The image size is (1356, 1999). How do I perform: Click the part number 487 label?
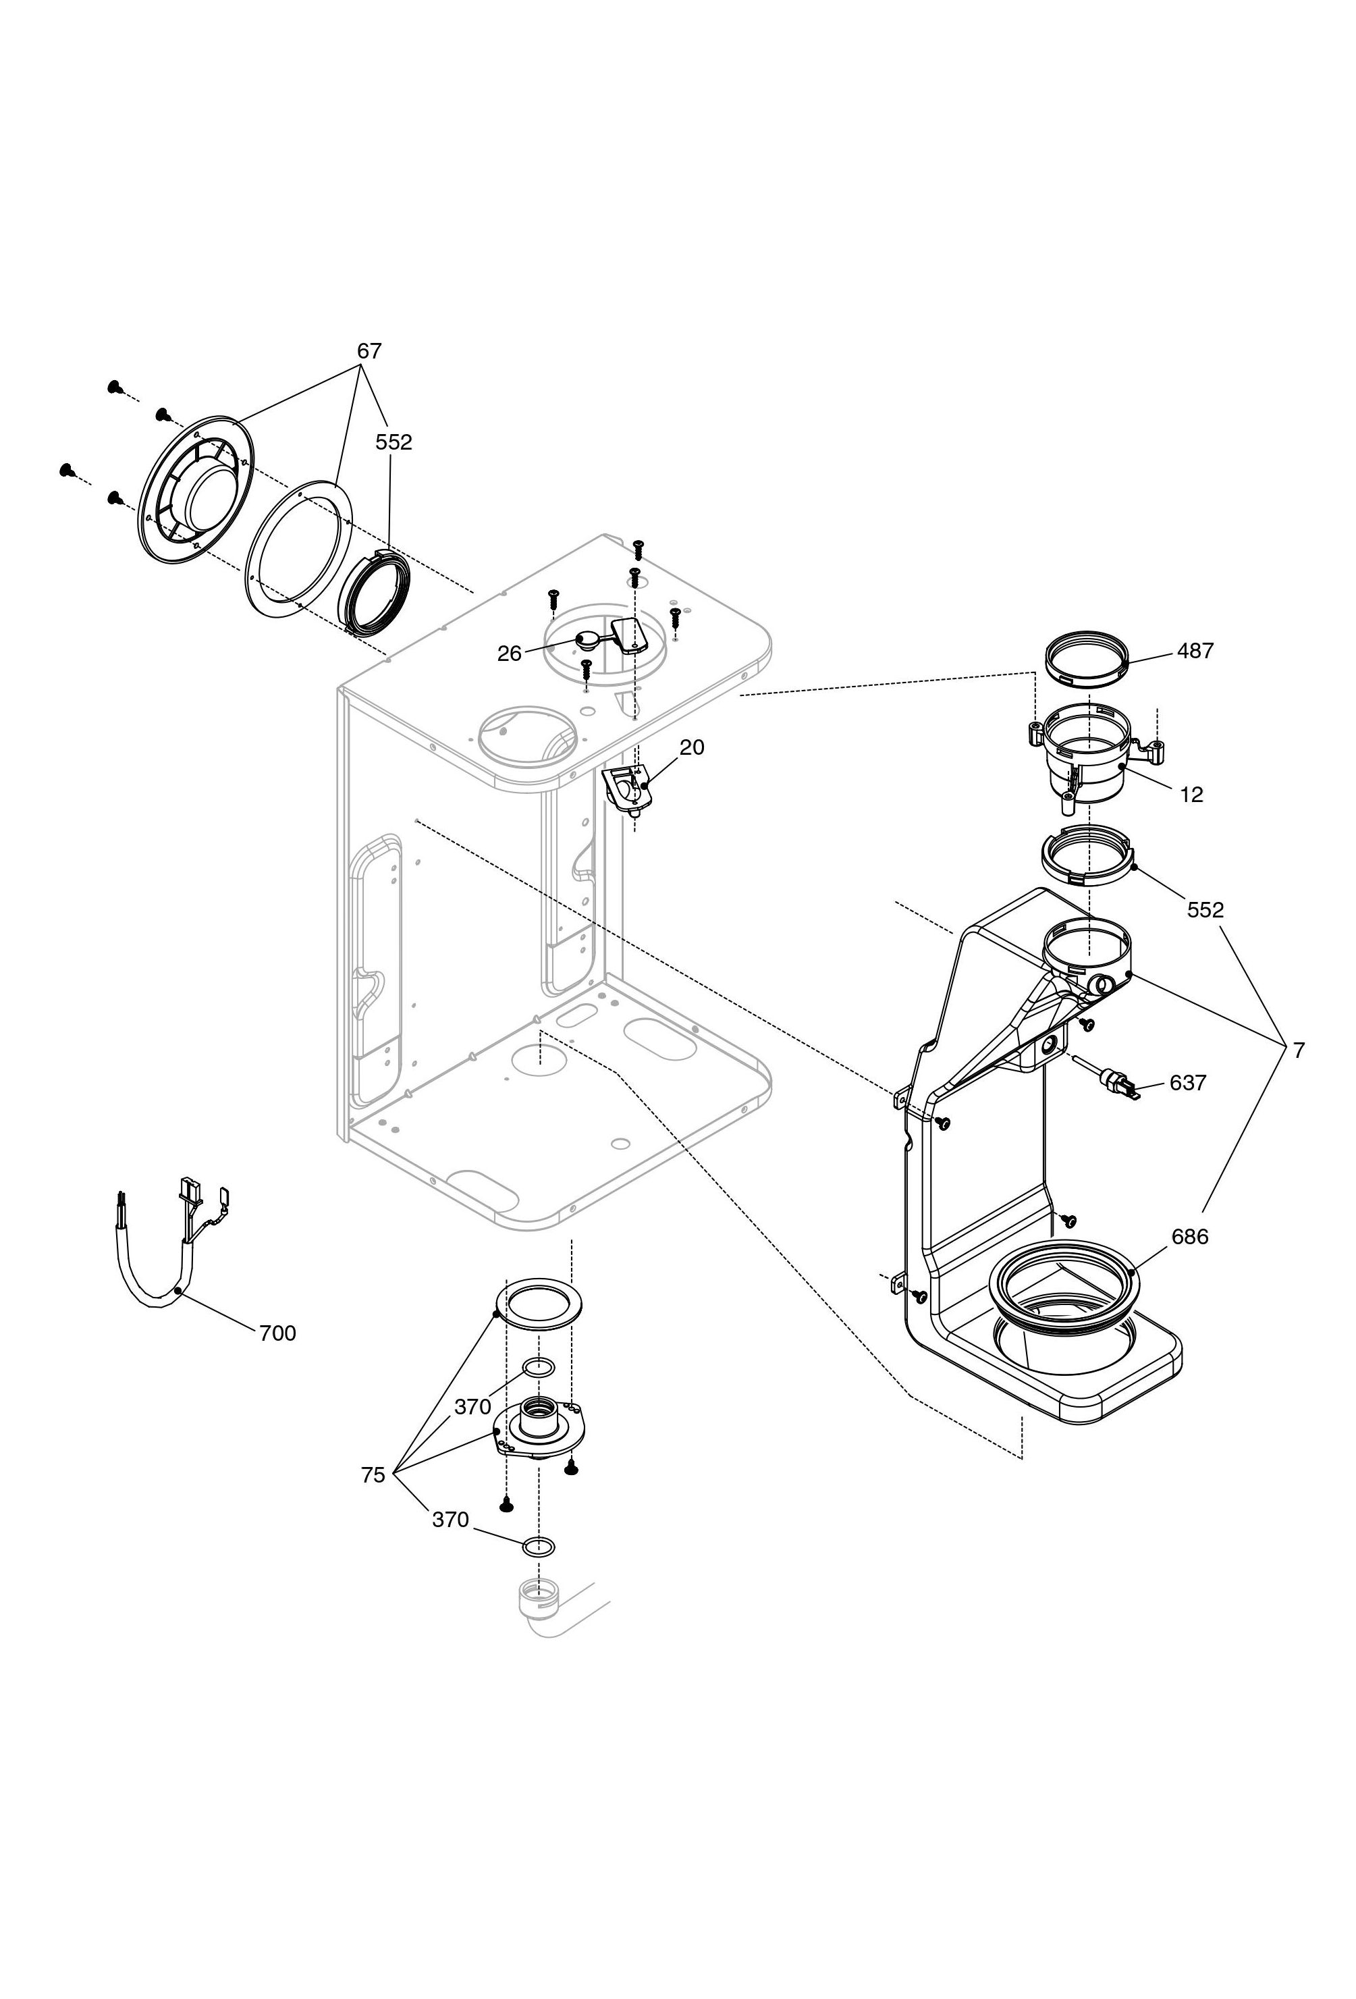point(1195,651)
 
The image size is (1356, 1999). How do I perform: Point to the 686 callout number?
point(1190,1237)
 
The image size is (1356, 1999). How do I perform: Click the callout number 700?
point(277,1333)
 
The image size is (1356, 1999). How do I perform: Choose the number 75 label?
point(373,1475)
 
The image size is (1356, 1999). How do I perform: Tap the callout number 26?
point(509,654)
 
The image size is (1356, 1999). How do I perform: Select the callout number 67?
point(369,351)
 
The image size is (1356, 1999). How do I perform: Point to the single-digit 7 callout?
point(1299,1050)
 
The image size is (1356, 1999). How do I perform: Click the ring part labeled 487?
point(1087,659)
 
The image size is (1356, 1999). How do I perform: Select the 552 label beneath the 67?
point(394,442)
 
